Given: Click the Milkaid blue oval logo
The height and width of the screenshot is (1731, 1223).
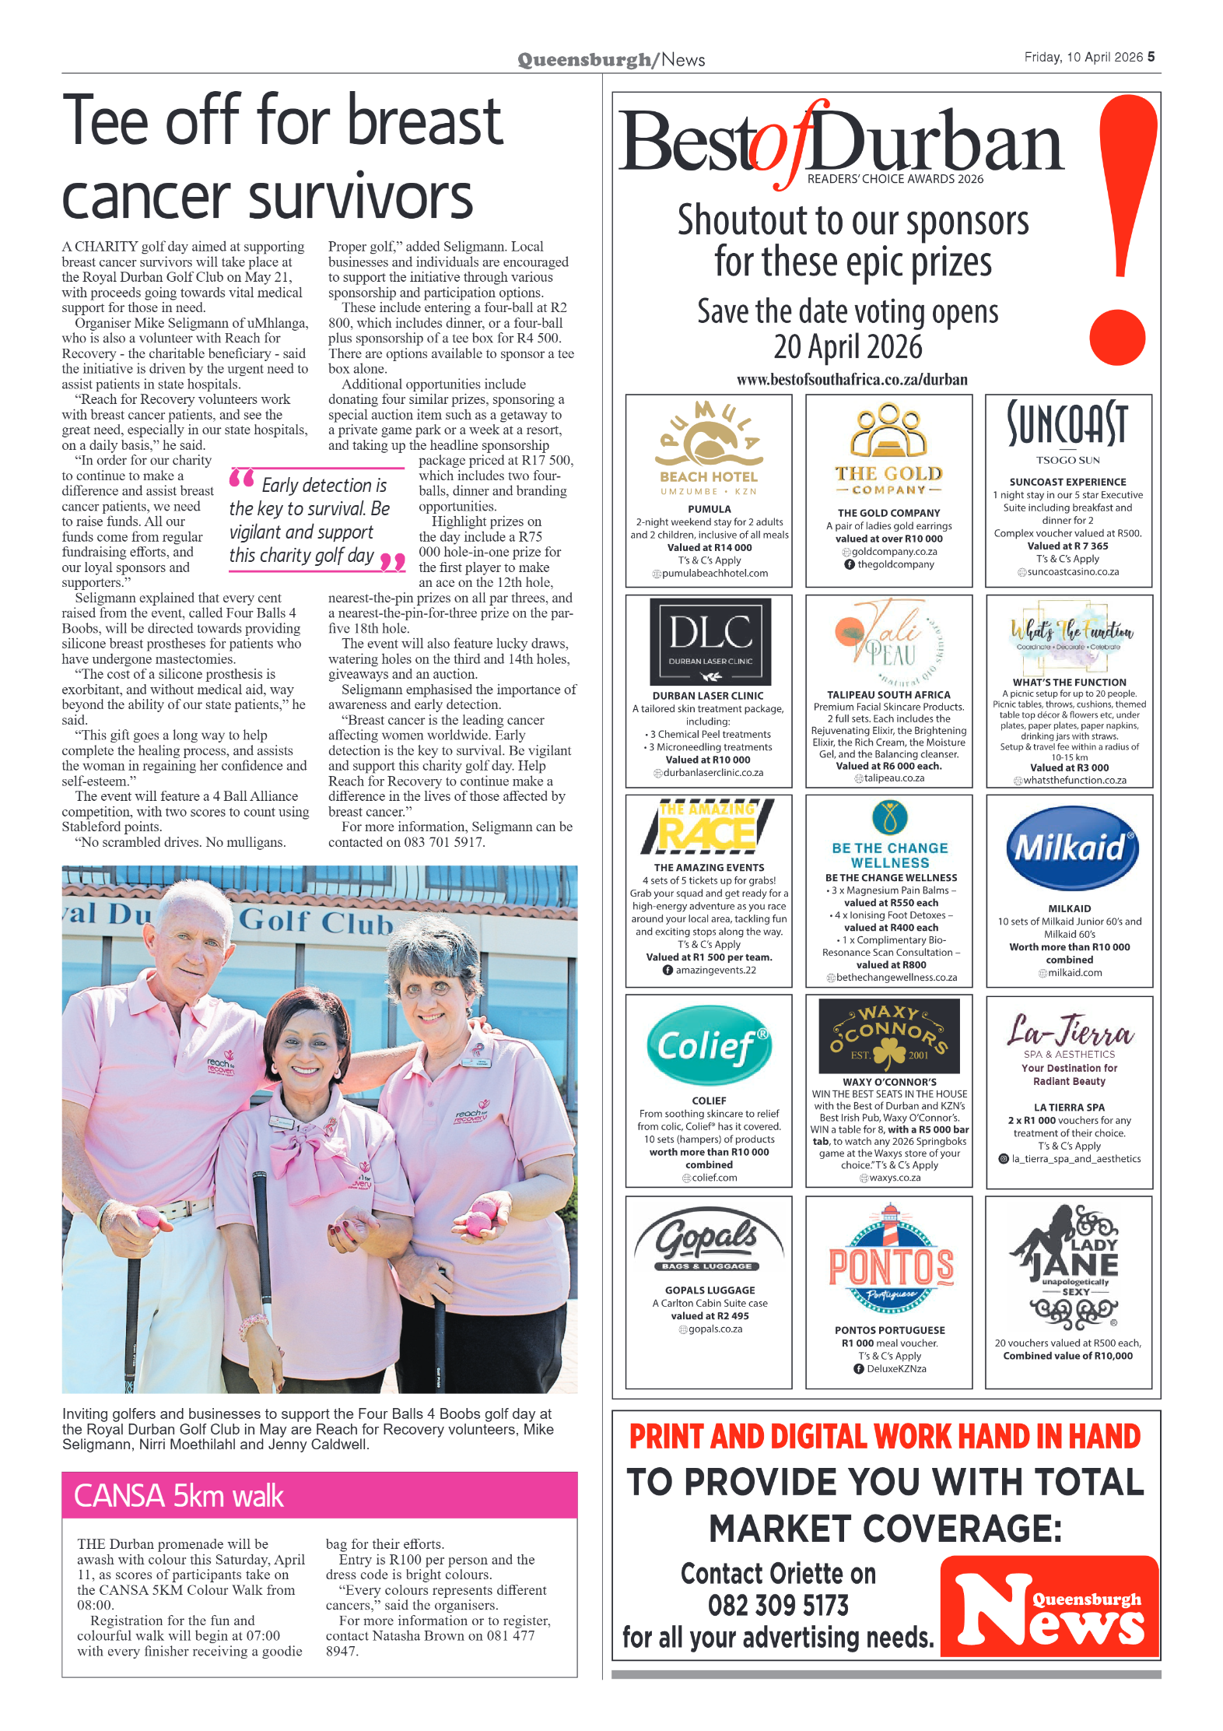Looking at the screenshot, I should coord(1071,848).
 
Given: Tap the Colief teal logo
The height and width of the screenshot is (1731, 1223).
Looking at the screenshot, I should coord(709,1045).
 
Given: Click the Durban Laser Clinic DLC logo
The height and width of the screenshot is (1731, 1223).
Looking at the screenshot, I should coord(710,641).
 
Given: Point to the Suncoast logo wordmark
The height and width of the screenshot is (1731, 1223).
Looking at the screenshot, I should coord(1067,424).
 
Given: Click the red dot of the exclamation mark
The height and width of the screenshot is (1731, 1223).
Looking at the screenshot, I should coord(1117,337).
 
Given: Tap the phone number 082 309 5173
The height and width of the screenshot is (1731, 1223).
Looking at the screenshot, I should coord(777,1605).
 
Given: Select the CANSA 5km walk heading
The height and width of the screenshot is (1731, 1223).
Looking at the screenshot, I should coord(179,1496).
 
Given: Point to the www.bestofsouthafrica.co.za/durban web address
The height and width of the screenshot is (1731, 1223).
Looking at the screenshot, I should coord(852,380).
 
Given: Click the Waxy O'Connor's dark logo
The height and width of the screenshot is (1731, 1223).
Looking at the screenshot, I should coord(889,1036).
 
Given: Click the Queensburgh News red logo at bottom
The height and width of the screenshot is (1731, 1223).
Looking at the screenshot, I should coord(1049,1606).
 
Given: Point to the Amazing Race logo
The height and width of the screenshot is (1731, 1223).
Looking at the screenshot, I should coord(707,827).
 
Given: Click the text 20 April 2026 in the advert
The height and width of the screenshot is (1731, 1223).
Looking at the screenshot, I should coord(847,347).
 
